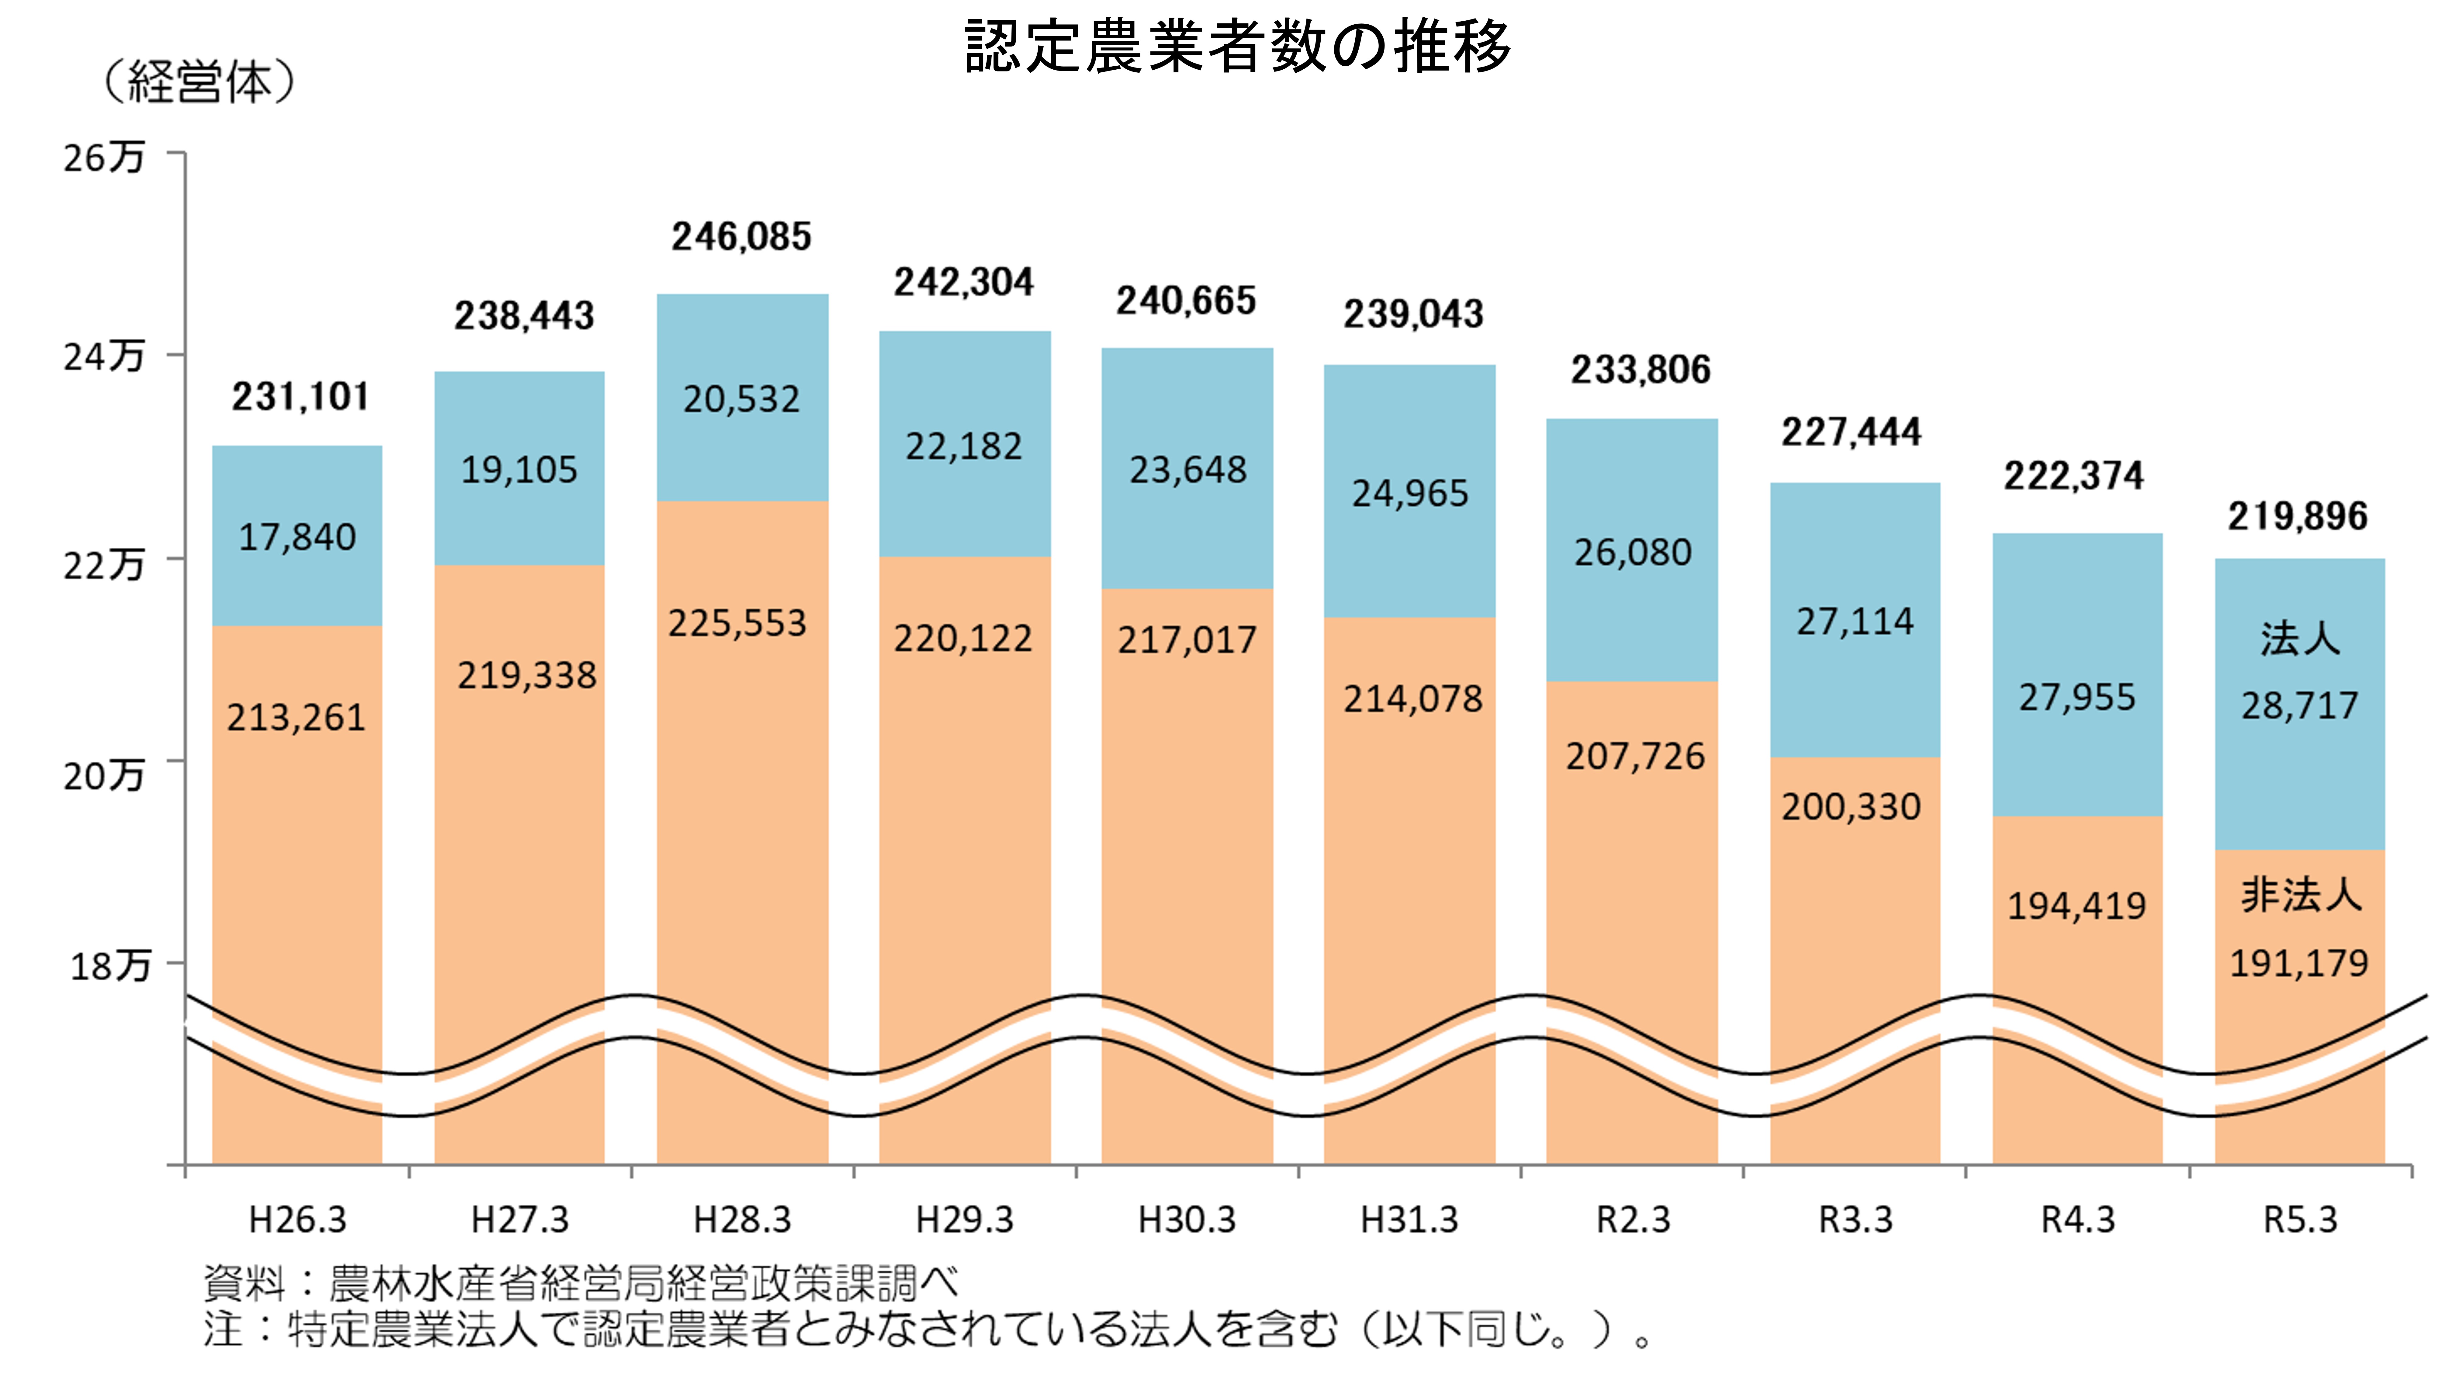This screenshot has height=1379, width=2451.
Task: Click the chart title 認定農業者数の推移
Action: (x=1237, y=46)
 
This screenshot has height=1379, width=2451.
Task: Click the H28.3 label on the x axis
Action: (x=742, y=1219)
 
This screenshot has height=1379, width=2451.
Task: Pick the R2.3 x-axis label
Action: (x=1633, y=1219)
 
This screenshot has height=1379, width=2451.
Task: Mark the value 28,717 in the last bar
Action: (x=2300, y=705)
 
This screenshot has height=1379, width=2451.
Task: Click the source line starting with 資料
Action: (x=580, y=1283)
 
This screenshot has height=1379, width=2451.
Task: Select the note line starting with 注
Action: (x=928, y=1329)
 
